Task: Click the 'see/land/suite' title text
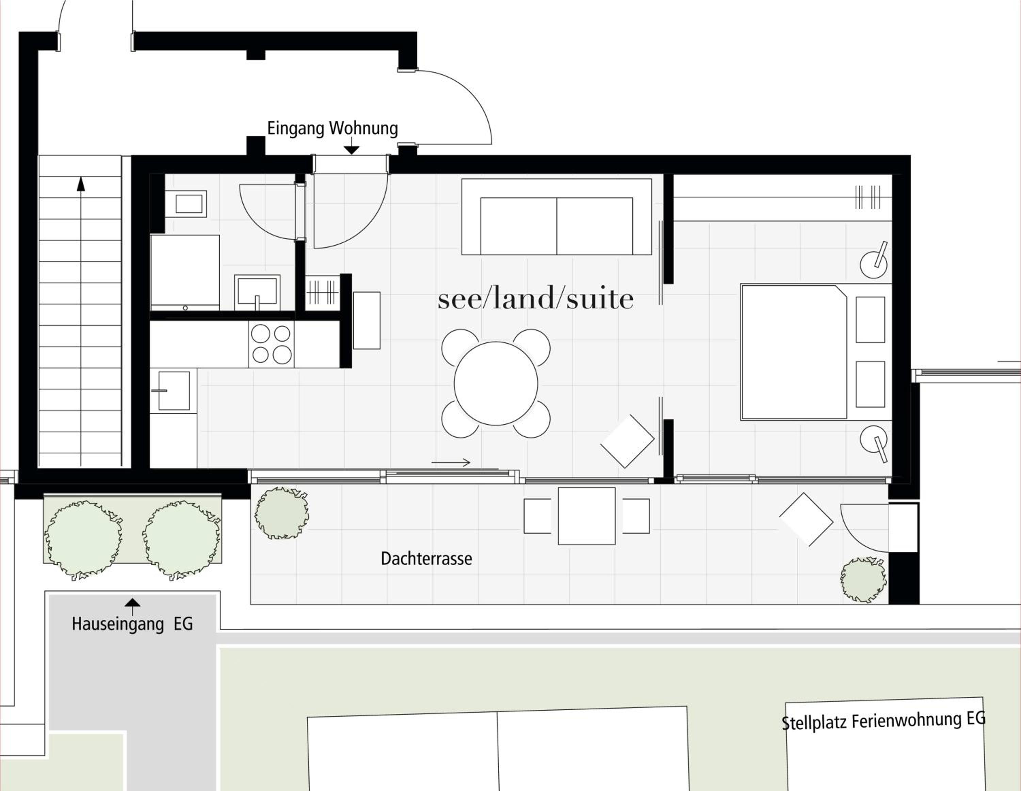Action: pos(536,299)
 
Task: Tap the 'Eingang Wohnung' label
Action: pos(333,128)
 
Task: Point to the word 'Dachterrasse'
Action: pos(426,559)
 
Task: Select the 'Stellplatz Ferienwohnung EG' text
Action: pos(884,721)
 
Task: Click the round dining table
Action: pos(496,383)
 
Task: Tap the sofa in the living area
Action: pos(557,217)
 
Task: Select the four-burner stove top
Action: pos(271,344)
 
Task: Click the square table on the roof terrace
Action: pos(587,516)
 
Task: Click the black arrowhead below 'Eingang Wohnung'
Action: pos(352,150)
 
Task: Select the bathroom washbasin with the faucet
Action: pos(257,292)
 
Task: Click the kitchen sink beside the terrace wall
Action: pos(174,391)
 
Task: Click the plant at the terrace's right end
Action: pos(863,580)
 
